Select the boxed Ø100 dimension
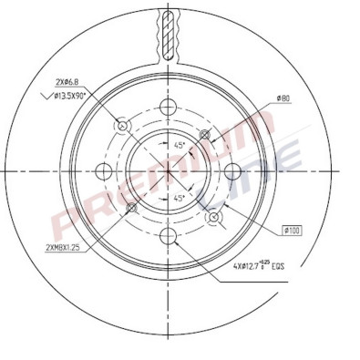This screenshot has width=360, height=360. point(293,231)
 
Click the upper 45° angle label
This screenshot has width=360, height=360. point(179,144)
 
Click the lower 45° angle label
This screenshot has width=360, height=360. point(179,197)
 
